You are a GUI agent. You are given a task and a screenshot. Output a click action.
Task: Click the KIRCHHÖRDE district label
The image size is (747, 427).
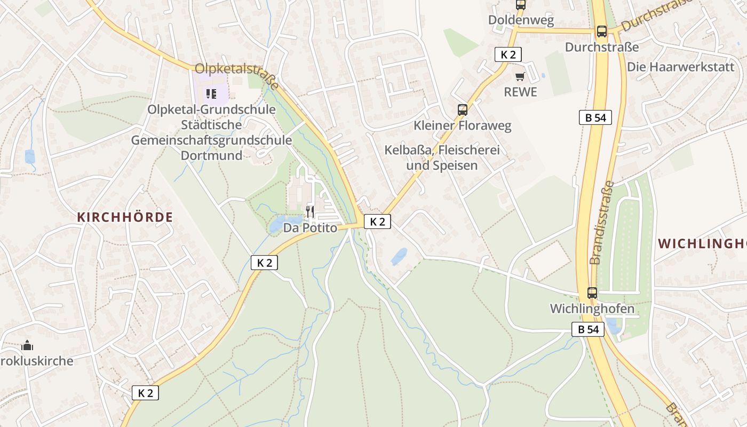(125, 217)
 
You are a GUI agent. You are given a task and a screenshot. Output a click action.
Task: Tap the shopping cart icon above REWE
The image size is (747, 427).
(520, 76)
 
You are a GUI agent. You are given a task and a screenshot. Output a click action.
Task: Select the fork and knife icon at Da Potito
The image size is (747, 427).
(310, 211)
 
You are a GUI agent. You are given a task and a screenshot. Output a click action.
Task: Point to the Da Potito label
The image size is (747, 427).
(310, 228)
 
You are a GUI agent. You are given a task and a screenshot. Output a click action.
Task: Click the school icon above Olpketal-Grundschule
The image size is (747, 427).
(211, 94)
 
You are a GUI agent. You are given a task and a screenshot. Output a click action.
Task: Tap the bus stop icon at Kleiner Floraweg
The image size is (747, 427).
(463, 110)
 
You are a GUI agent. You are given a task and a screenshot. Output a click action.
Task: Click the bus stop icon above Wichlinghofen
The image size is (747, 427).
(592, 292)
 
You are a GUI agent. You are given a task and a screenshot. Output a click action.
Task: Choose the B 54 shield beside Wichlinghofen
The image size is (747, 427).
(589, 329)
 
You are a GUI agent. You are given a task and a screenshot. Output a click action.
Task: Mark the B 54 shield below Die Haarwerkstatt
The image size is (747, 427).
(595, 117)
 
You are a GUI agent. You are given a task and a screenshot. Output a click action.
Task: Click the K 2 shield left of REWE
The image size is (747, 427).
(507, 54)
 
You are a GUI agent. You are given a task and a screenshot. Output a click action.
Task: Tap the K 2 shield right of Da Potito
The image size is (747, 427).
(377, 222)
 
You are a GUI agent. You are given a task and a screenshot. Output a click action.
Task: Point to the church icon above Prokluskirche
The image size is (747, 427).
(27, 345)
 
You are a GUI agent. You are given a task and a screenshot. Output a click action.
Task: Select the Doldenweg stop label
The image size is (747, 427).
(521, 20)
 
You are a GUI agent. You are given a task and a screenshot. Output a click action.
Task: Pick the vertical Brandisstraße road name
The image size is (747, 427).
(602, 222)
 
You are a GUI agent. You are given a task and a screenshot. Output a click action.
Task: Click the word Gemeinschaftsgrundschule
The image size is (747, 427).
(211, 140)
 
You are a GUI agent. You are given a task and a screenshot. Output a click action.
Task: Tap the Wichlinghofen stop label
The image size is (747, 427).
(592, 309)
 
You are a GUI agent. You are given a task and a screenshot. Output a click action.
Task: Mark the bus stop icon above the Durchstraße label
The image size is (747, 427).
(601, 31)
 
